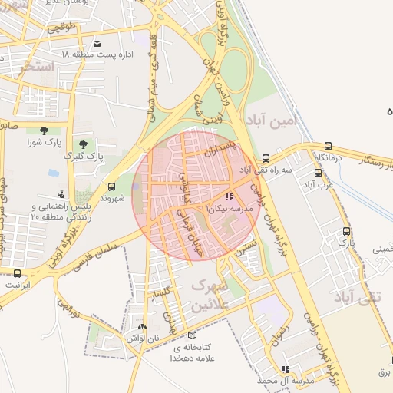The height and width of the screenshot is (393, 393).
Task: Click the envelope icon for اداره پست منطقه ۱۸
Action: tap(97, 43)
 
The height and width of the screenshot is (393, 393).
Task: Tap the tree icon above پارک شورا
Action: tap(43, 130)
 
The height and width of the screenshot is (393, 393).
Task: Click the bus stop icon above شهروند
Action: tap(112, 186)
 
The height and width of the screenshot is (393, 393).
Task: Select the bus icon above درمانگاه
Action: tap(329, 146)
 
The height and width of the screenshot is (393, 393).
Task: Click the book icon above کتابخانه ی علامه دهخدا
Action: tap(191, 335)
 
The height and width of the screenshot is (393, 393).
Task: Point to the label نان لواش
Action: tap(144, 339)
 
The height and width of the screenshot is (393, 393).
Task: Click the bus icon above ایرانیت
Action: tap(17, 272)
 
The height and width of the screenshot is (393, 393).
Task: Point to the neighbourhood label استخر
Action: tap(38, 67)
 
